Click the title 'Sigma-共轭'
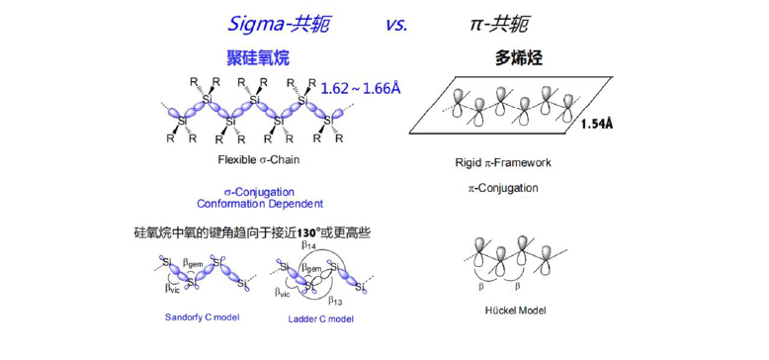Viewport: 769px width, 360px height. [x=278, y=24]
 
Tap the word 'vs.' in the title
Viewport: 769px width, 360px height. [x=396, y=25]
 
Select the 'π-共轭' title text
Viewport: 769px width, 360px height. [x=499, y=24]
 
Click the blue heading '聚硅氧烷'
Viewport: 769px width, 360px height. [x=258, y=58]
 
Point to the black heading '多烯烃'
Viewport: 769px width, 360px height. [x=518, y=59]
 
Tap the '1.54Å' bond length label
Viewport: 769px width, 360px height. [x=597, y=124]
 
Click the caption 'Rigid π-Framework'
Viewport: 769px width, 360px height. [x=503, y=162]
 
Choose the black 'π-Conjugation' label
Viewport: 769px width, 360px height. [x=503, y=188]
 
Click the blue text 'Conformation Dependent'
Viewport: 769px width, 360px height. [x=260, y=204]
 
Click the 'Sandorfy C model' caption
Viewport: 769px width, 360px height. [x=202, y=316]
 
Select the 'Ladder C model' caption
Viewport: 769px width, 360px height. [x=321, y=318]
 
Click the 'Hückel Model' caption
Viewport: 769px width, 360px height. [x=515, y=310]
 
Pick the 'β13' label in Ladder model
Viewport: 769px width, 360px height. [x=335, y=300]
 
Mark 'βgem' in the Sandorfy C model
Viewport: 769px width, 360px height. [x=193, y=263]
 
